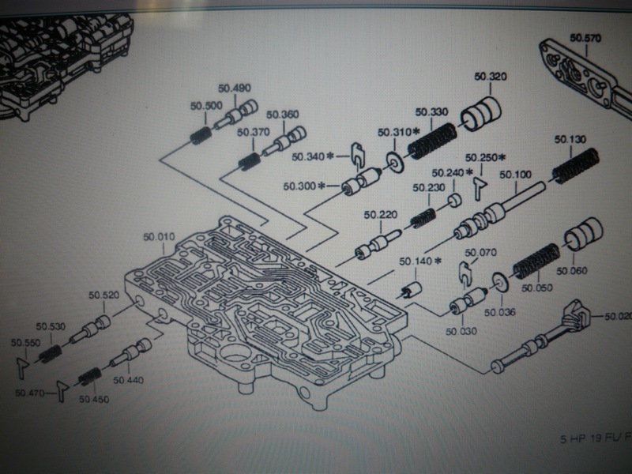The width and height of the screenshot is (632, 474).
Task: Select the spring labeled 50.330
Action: [x=430, y=139]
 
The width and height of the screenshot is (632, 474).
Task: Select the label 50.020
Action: [x=618, y=317]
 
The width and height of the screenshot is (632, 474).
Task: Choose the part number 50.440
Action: [x=128, y=380]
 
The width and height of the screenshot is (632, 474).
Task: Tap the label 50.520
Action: [x=103, y=295]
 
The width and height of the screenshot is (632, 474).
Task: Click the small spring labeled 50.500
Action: [x=199, y=135]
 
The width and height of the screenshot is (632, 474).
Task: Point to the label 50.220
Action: [x=379, y=214]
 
